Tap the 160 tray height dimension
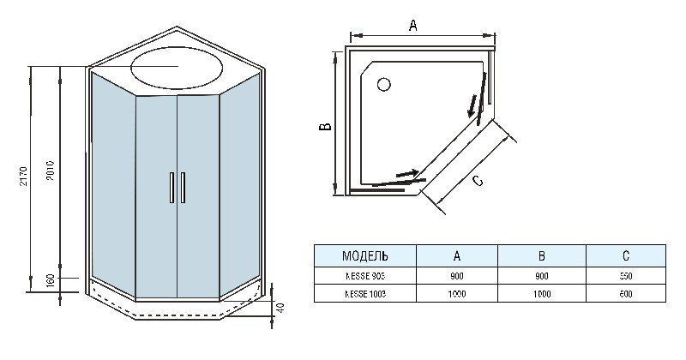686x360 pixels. coord(51,281)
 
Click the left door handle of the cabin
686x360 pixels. coord(172,189)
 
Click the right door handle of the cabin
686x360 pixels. coord(182,189)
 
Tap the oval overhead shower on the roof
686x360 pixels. coord(177,66)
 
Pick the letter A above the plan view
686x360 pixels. coord(412,25)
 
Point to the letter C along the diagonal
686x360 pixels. coord(478,179)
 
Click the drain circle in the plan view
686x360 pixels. coord(383,84)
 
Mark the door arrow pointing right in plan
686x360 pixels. coord(410,174)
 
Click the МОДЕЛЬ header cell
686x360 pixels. coord(365,255)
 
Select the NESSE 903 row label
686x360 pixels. coord(365,275)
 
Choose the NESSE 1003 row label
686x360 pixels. coord(365,293)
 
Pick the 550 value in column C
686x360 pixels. coord(625,275)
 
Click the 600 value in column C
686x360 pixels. coord(625,293)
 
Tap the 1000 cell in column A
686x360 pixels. coord(457,293)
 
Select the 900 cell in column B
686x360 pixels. coord(542,275)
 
